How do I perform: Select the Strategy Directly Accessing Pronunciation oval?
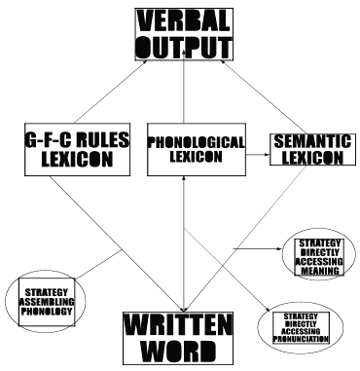point(300,326)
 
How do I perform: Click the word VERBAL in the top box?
point(184,19)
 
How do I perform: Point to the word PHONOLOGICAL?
point(184,141)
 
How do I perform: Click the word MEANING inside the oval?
point(319,271)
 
